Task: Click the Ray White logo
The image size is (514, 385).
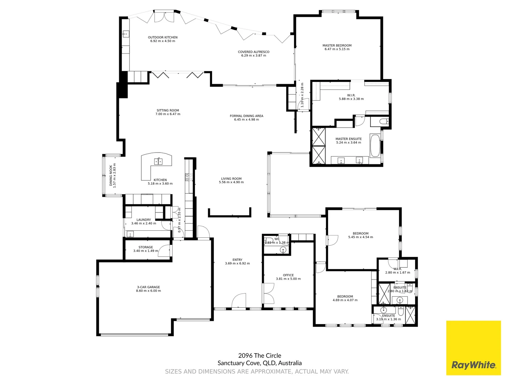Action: click(x=473, y=348)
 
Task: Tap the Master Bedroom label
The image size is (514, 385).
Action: click(x=337, y=46)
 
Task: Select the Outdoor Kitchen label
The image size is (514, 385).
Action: click(x=163, y=37)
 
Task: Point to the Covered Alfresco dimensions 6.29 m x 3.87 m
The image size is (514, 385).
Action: click(x=253, y=56)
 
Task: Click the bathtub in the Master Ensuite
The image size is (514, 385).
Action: click(x=375, y=145)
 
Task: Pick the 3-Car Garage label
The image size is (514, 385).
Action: click(x=148, y=287)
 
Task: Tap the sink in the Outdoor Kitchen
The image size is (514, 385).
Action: click(x=126, y=34)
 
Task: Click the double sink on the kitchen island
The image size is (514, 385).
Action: click(x=158, y=161)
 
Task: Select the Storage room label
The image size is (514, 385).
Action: click(x=146, y=247)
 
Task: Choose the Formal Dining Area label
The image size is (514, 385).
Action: click(x=246, y=116)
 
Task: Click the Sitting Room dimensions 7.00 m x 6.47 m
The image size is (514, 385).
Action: click(x=168, y=114)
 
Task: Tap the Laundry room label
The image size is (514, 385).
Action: click(x=143, y=220)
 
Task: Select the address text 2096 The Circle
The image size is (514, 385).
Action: click(x=259, y=355)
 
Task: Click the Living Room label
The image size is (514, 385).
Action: click(x=231, y=179)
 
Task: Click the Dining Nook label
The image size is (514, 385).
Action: click(x=111, y=176)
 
